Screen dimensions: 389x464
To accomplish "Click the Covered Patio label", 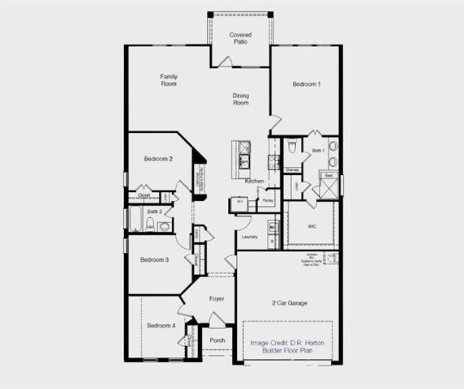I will [x=240, y=38].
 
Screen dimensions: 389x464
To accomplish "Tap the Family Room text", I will [x=168, y=80].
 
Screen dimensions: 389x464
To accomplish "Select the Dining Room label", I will [x=241, y=100].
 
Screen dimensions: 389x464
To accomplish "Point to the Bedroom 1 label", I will [x=307, y=84].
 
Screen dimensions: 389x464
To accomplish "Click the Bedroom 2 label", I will [x=158, y=159].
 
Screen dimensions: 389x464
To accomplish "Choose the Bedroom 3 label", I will [x=154, y=260].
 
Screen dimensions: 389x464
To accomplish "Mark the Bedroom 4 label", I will [x=161, y=326].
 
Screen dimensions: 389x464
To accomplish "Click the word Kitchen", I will [x=255, y=181].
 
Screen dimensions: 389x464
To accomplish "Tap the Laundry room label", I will [x=250, y=237].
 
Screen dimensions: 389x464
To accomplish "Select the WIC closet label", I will [x=311, y=226].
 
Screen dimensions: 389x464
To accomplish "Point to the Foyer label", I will [x=217, y=299].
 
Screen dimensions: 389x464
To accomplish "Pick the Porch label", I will [x=217, y=340].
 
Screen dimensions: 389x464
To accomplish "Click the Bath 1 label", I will [x=318, y=151].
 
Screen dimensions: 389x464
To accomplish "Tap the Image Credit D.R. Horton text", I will [x=288, y=342].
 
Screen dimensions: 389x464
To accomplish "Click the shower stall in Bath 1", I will [x=328, y=190].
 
